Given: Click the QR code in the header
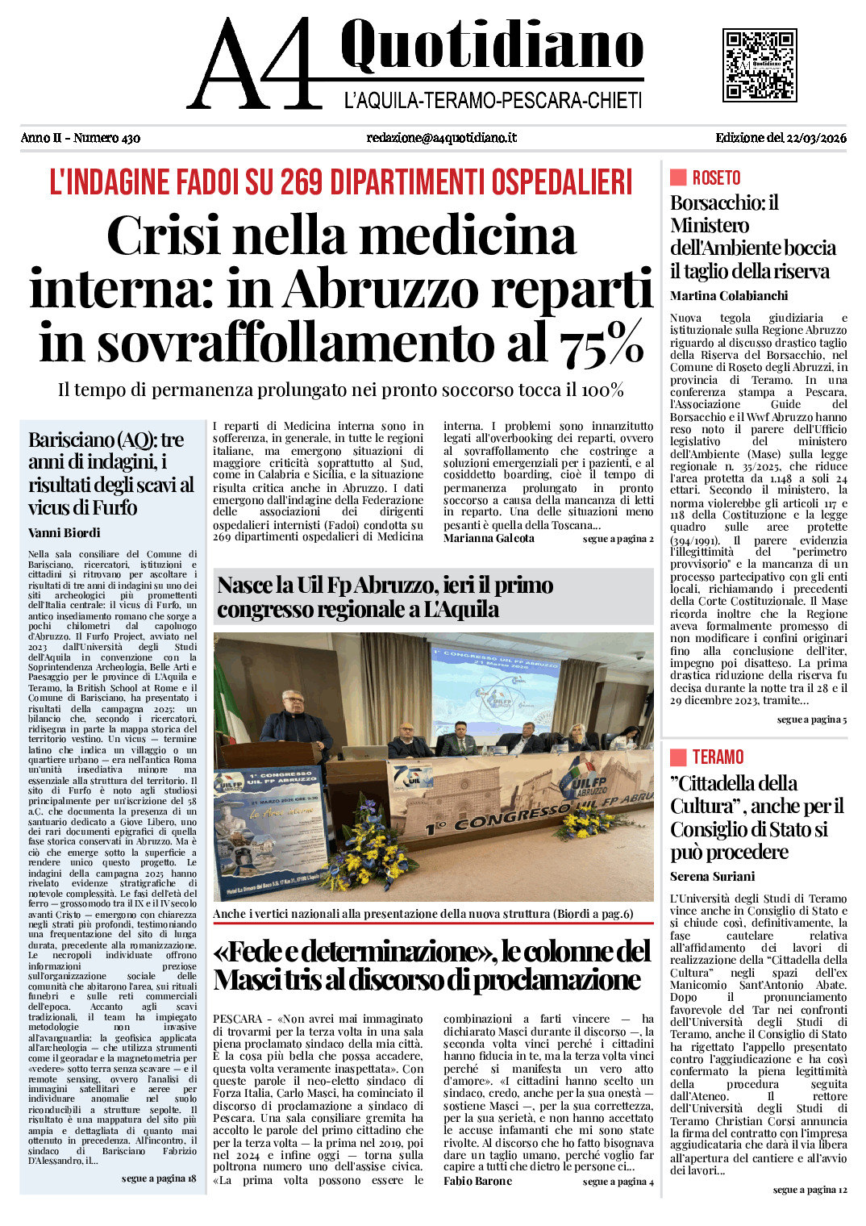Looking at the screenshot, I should tap(760, 65).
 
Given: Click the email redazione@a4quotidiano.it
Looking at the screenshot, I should tap(441, 138).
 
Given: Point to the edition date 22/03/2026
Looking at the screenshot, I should tap(817, 138).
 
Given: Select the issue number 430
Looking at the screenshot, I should tap(129, 138).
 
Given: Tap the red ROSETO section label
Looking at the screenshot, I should tap(716, 178).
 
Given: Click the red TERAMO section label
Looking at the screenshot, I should tap(718, 757).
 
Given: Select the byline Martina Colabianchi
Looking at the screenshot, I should tap(729, 296).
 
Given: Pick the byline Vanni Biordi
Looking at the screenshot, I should tap(65, 533).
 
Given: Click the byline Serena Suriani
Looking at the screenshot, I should tap(713, 877).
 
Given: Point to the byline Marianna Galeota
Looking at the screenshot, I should tap(489, 539).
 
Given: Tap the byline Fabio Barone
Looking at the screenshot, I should tap(477, 1182).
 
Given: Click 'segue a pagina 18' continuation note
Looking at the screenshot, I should tap(159, 1179).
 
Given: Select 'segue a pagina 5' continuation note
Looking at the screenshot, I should tap(812, 719).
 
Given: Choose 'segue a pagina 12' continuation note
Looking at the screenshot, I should tap(810, 1190).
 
